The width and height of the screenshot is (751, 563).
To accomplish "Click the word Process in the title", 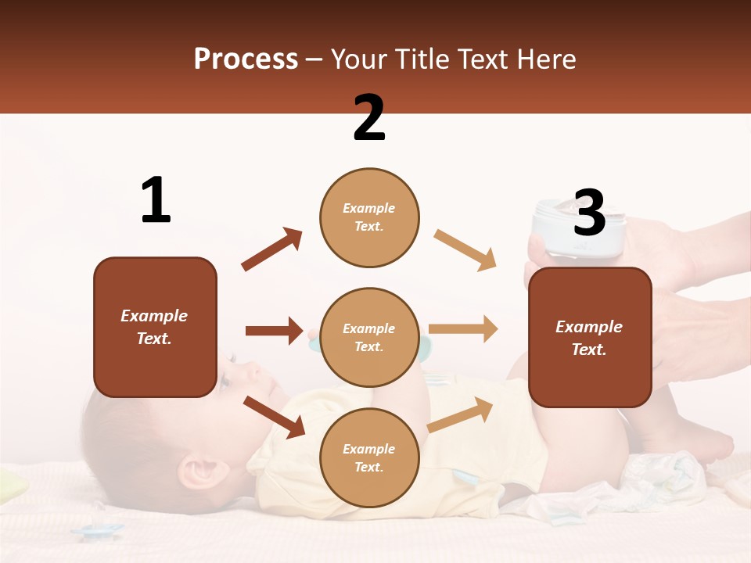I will coord(246,59).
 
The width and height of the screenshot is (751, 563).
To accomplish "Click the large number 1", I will coord(156,201).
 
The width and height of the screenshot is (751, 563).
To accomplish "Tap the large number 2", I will coord(369,117).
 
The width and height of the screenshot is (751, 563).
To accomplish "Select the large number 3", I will coord(589,213).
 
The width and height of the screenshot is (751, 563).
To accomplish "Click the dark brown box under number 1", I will coord(155,327).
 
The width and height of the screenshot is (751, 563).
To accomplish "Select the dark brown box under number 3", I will coord(590,337).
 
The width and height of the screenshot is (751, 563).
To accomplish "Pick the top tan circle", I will coord(369,217).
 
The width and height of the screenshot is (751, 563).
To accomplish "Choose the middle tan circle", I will coord(369,337).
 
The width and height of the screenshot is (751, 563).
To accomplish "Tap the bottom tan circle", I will coord(369,457).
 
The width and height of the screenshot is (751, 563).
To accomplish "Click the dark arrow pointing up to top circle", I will coord(271,249).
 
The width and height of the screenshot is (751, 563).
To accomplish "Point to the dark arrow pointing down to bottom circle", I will coord(274,417).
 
